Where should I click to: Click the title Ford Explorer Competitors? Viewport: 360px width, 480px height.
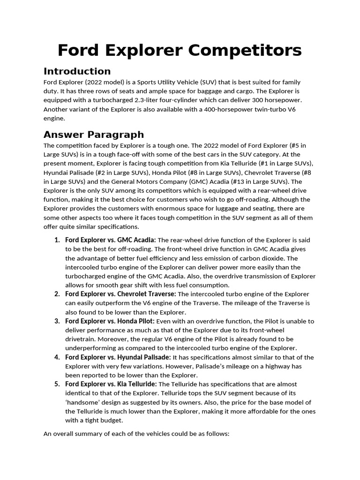coord(180,50)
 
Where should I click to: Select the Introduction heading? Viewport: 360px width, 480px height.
coord(77,71)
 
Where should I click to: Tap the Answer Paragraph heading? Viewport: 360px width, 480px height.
coord(94,135)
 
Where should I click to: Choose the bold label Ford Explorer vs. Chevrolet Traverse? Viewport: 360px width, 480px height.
coord(120,294)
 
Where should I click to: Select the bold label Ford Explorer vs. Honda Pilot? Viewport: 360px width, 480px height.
coord(110,321)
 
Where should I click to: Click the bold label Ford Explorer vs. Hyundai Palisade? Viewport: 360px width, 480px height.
coord(118,357)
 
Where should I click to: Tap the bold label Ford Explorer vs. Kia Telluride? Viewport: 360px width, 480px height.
coord(111,384)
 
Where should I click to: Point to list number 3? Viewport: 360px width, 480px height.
coord(57,321)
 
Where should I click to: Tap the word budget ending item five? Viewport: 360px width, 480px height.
coord(111,420)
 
